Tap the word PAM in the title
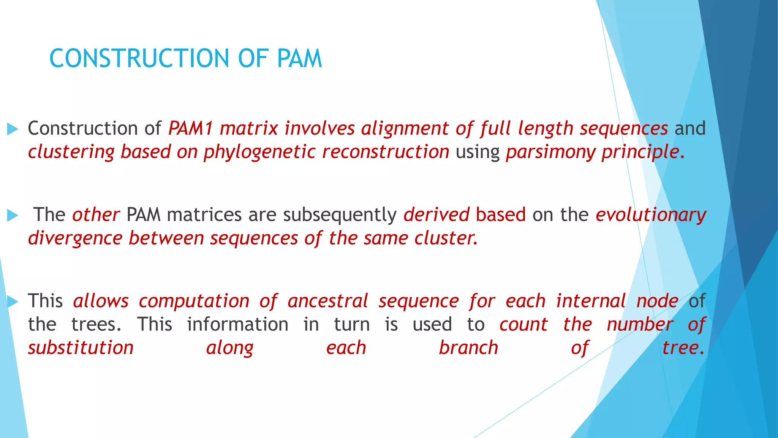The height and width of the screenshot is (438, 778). pos(299,59)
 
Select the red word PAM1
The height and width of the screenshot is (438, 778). pos(190,128)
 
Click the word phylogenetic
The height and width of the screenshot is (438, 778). pos(259,152)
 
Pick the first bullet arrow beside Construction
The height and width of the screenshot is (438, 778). pos(13,129)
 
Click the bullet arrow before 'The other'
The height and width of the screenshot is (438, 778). pos(13,216)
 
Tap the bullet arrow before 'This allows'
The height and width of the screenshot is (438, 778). pos(13,302)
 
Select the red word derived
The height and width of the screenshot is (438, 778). pos(436,214)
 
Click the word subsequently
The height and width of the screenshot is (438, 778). pos(340,214)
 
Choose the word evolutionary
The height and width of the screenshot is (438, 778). pos(651,214)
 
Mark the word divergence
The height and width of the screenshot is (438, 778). pos(75,238)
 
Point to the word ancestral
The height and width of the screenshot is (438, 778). pos(328,301)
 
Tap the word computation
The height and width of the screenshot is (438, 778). pos(194,301)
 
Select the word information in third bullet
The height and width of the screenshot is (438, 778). pos(238,324)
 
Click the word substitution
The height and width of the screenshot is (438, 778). pos(81,348)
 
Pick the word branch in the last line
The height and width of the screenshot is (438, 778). pos(468,348)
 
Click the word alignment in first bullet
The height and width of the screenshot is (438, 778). pos(405,128)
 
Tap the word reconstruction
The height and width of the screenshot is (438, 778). pos(386,152)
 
